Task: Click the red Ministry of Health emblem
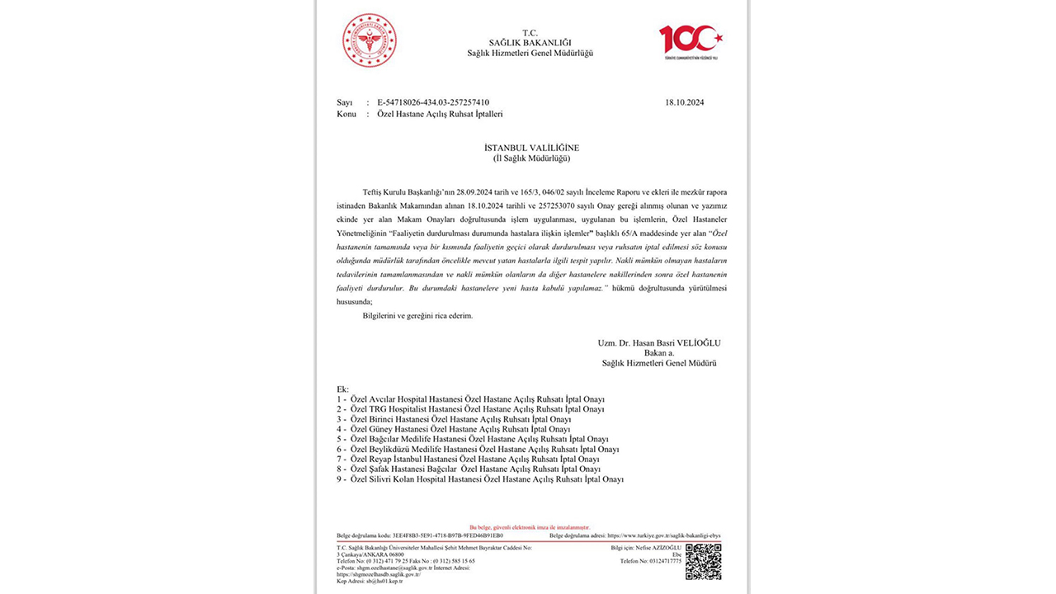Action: (370, 40)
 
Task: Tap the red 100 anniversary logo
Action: (691, 41)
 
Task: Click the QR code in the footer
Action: (703, 562)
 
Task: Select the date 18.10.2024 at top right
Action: (684, 102)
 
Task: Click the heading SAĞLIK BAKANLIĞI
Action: (530, 43)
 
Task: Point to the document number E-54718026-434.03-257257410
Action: (433, 102)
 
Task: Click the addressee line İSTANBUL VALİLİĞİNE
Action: (531, 148)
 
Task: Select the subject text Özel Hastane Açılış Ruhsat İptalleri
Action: (440, 114)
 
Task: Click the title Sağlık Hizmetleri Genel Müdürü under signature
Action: (659, 363)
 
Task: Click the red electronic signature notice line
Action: (530, 526)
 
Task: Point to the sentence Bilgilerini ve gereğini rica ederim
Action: (418, 315)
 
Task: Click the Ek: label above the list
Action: (342, 389)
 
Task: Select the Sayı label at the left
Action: (345, 102)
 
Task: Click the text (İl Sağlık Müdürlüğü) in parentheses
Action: (531, 158)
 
